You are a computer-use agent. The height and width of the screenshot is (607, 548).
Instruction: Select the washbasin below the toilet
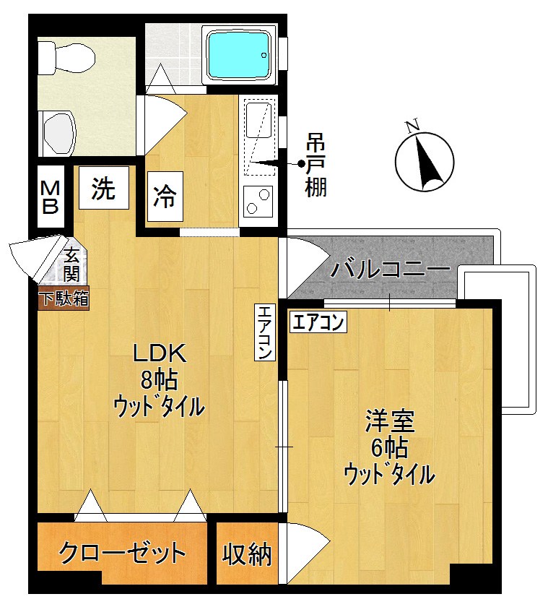tap(59, 132)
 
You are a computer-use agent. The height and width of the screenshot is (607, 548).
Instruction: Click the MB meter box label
tap(50, 197)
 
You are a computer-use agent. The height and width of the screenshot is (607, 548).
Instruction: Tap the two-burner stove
tap(258, 202)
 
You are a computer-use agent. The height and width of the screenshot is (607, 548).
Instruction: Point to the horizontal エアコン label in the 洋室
tap(318, 322)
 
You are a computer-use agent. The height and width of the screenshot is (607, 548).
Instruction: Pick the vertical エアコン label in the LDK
tap(265, 332)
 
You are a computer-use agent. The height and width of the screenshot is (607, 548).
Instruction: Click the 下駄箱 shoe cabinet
tap(64, 298)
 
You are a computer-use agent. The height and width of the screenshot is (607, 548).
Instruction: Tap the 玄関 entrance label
tap(71, 264)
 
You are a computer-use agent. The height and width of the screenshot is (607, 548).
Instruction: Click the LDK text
tap(159, 354)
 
